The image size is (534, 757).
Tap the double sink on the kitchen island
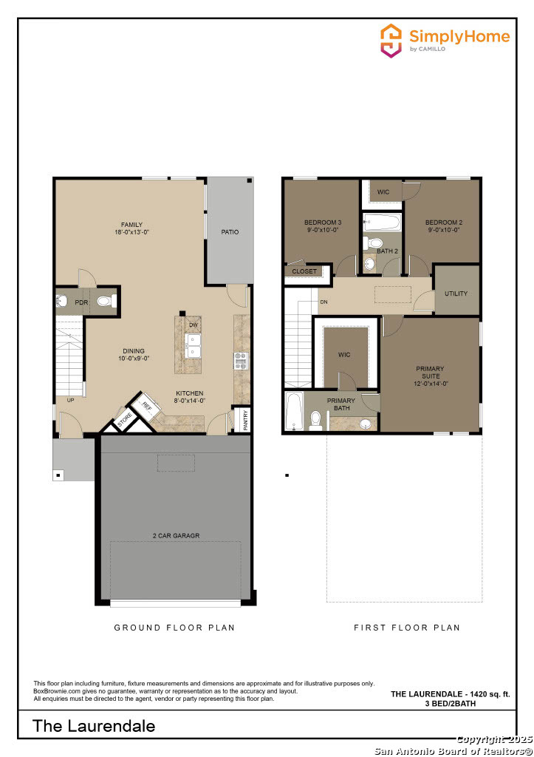[194, 345]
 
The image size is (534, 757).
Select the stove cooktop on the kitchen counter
[241, 360]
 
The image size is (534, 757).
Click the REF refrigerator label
[146, 406]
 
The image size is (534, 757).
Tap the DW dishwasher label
[194, 325]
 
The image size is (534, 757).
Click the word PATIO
[230, 232]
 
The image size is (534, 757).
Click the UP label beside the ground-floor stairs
[70, 400]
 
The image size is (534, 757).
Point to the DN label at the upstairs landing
[324, 302]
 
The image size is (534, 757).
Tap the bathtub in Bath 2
[381, 222]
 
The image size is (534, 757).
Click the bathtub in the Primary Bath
[294, 411]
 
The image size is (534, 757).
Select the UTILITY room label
[456, 293]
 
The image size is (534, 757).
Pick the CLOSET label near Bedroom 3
[304, 271]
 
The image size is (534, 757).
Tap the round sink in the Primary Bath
[364, 424]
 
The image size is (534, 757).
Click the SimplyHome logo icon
[391, 41]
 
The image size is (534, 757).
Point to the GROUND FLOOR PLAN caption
[174, 628]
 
